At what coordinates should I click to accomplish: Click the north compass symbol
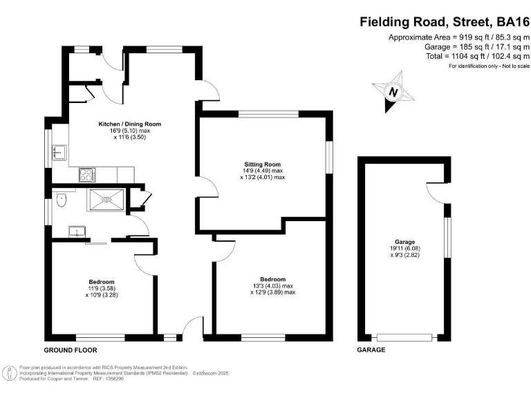(x=394, y=92)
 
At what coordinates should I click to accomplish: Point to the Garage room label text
(x=405, y=241)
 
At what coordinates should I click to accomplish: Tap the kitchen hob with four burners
(x=88, y=175)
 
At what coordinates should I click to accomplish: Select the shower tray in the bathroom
(x=106, y=200)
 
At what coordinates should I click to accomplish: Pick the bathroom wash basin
(x=73, y=231)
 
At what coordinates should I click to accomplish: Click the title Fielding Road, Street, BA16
(x=444, y=21)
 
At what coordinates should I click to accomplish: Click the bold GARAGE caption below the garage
(x=371, y=350)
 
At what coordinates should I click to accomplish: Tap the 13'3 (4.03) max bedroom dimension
(x=272, y=285)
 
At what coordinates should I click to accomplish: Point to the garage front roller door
(x=406, y=338)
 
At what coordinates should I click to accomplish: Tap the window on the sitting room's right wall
(x=329, y=155)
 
